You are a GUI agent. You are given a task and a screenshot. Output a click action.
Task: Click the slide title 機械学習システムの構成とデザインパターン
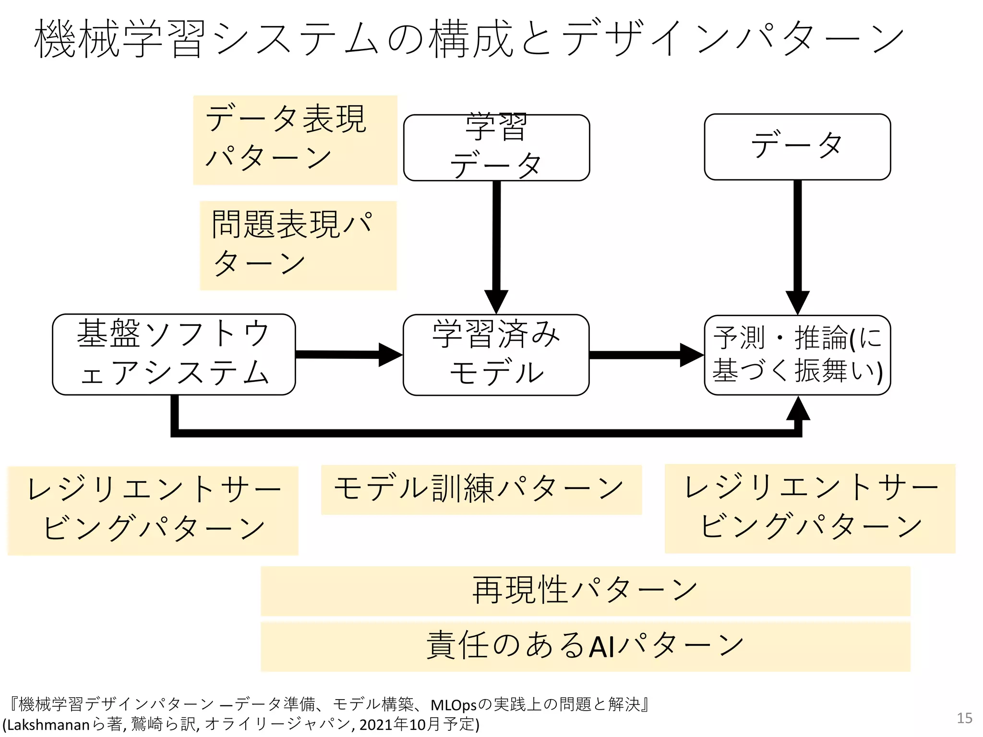pos(468,38)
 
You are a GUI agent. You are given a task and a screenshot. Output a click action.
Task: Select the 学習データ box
pos(496,147)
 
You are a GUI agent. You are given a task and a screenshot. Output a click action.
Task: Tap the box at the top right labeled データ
pos(797,146)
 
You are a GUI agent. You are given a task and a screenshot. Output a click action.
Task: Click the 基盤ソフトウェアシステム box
pos(174,354)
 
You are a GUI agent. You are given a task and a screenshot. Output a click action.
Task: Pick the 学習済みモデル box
pos(496,355)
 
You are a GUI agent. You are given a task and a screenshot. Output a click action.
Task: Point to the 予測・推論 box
pos(797,355)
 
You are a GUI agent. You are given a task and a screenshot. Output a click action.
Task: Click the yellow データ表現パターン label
pos(295,140)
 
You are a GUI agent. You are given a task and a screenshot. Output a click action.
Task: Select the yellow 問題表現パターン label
pos(298,245)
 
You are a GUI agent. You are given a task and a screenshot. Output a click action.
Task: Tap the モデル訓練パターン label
pos(481,489)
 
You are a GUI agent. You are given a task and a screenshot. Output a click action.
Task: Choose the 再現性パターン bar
pos(585,591)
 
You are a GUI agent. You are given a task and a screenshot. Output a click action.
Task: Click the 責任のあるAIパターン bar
pos(585,646)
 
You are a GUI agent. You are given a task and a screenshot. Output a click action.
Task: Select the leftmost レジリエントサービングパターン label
pos(153,510)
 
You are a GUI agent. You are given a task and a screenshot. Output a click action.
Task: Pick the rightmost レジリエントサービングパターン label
pos(810,508)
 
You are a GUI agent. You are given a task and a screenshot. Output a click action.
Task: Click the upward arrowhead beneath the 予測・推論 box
pos(798,409)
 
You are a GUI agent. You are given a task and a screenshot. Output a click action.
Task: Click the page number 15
pos(964,718)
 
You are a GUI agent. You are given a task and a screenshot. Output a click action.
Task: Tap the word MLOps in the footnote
pos(454,705)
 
